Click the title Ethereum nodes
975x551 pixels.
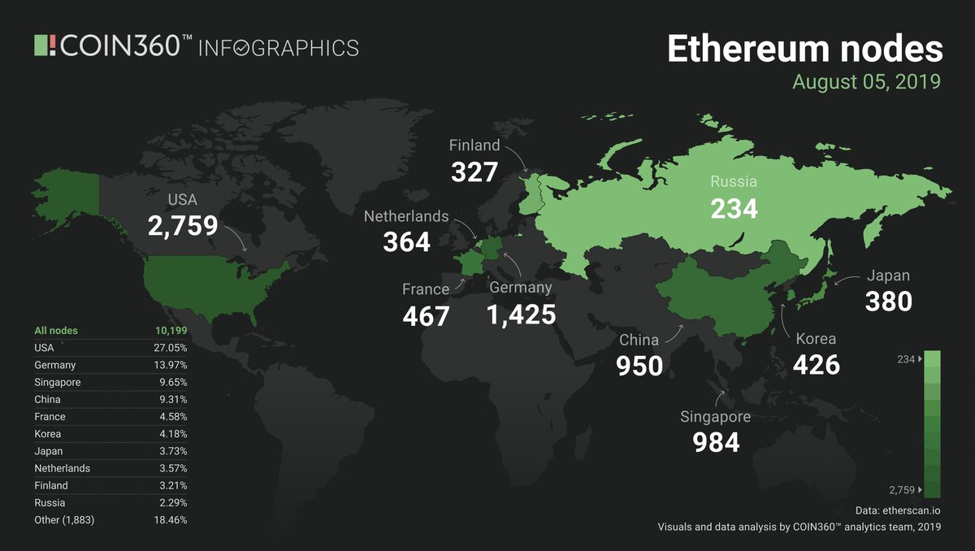coord(804,49)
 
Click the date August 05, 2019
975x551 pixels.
coord(866,82)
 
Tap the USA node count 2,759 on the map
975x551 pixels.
coord(183,225)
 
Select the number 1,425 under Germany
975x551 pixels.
coord(521,314)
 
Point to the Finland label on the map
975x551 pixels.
coord(474,145)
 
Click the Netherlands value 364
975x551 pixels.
coord(406,241)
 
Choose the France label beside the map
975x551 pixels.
coord(425,289)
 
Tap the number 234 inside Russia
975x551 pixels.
coord(734,208)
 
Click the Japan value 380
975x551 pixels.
coord(888,302)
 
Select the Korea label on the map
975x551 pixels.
coord(816,339)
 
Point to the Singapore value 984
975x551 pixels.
coord(716,441)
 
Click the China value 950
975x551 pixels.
coord(639,365)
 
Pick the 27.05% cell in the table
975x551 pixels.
coord(171,348)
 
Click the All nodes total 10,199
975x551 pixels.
coord(171,331)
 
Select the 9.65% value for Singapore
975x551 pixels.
coord(173,382)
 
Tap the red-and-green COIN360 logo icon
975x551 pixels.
coord(46,46)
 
